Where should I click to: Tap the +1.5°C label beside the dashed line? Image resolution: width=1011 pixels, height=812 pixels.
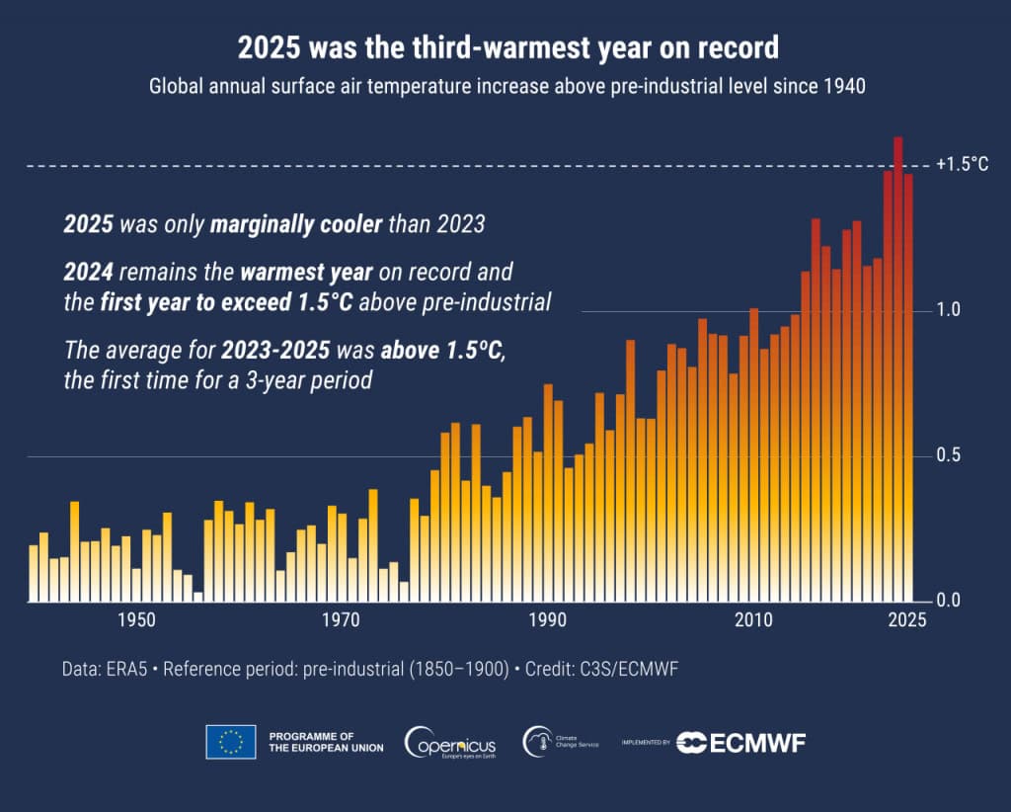pyautogui.click(x=962, y=165)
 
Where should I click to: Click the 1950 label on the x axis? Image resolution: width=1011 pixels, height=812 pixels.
pyautogui.click(x=136, y=620)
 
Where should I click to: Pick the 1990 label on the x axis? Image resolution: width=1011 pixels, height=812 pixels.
pyautogui.click(x=547, y=620)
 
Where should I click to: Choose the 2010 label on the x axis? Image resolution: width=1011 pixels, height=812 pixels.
pyautogui.click(x=753, y=620)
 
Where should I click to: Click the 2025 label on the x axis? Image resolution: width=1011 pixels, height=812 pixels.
pyautogui.click(x=906, y=620)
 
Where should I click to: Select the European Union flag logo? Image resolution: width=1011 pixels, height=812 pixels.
pyautogui.click(x=230, y=742)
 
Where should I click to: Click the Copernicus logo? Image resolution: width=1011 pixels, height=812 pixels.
pyautogui.click(x=450, y=742)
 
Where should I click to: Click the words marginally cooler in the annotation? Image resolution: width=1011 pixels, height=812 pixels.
pyautogui.click(x=296, y=224)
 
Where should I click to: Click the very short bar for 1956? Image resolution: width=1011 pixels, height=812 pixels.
pyautogui.click(x=198, y=596)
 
